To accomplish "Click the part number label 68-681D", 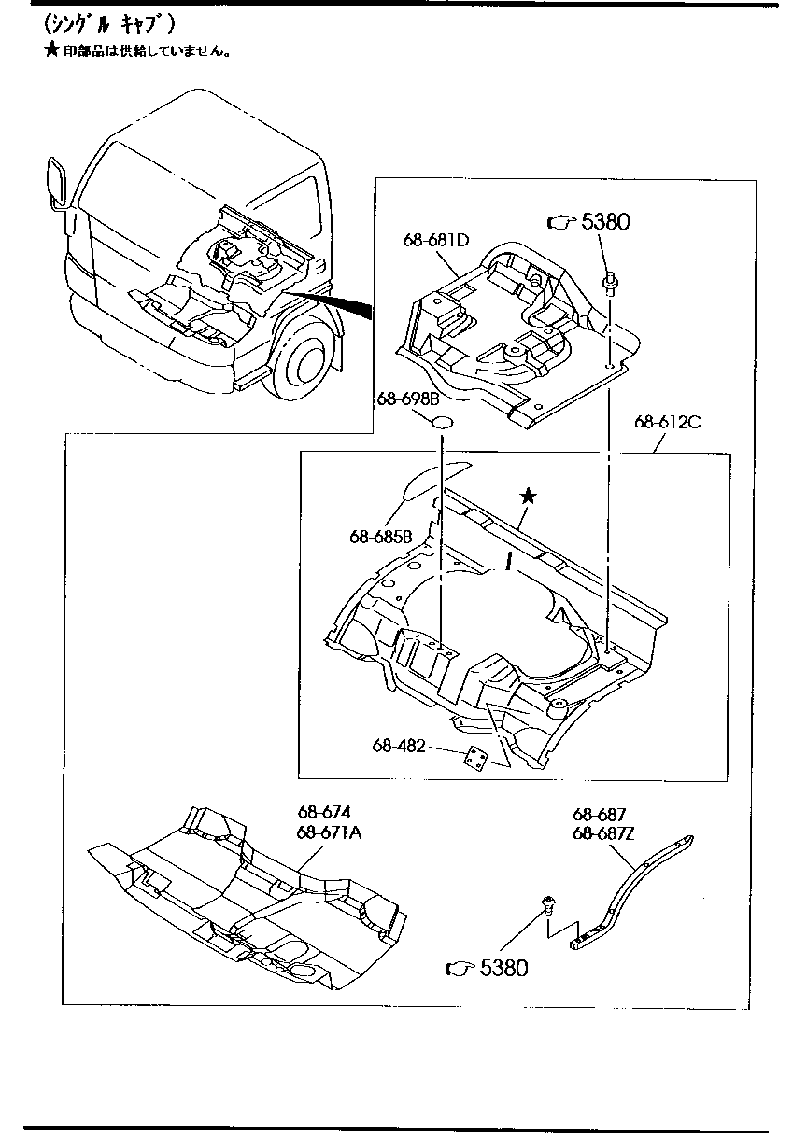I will tap(435, 240).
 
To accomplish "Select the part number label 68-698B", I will tap(407, 399).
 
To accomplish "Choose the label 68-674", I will tap(324, 813).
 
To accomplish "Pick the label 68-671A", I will tap(329, 832).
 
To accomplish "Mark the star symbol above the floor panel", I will tap(528, 497).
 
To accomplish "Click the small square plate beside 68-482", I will tap(477, 759).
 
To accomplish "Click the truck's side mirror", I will tap(55, 183).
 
